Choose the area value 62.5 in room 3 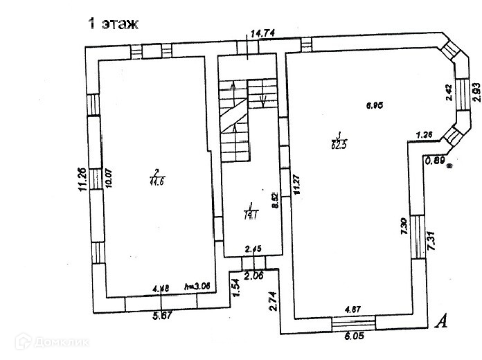[x=339, y=143]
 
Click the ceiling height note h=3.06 [x=197, y=287]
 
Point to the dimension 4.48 [x=161, y=287]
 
